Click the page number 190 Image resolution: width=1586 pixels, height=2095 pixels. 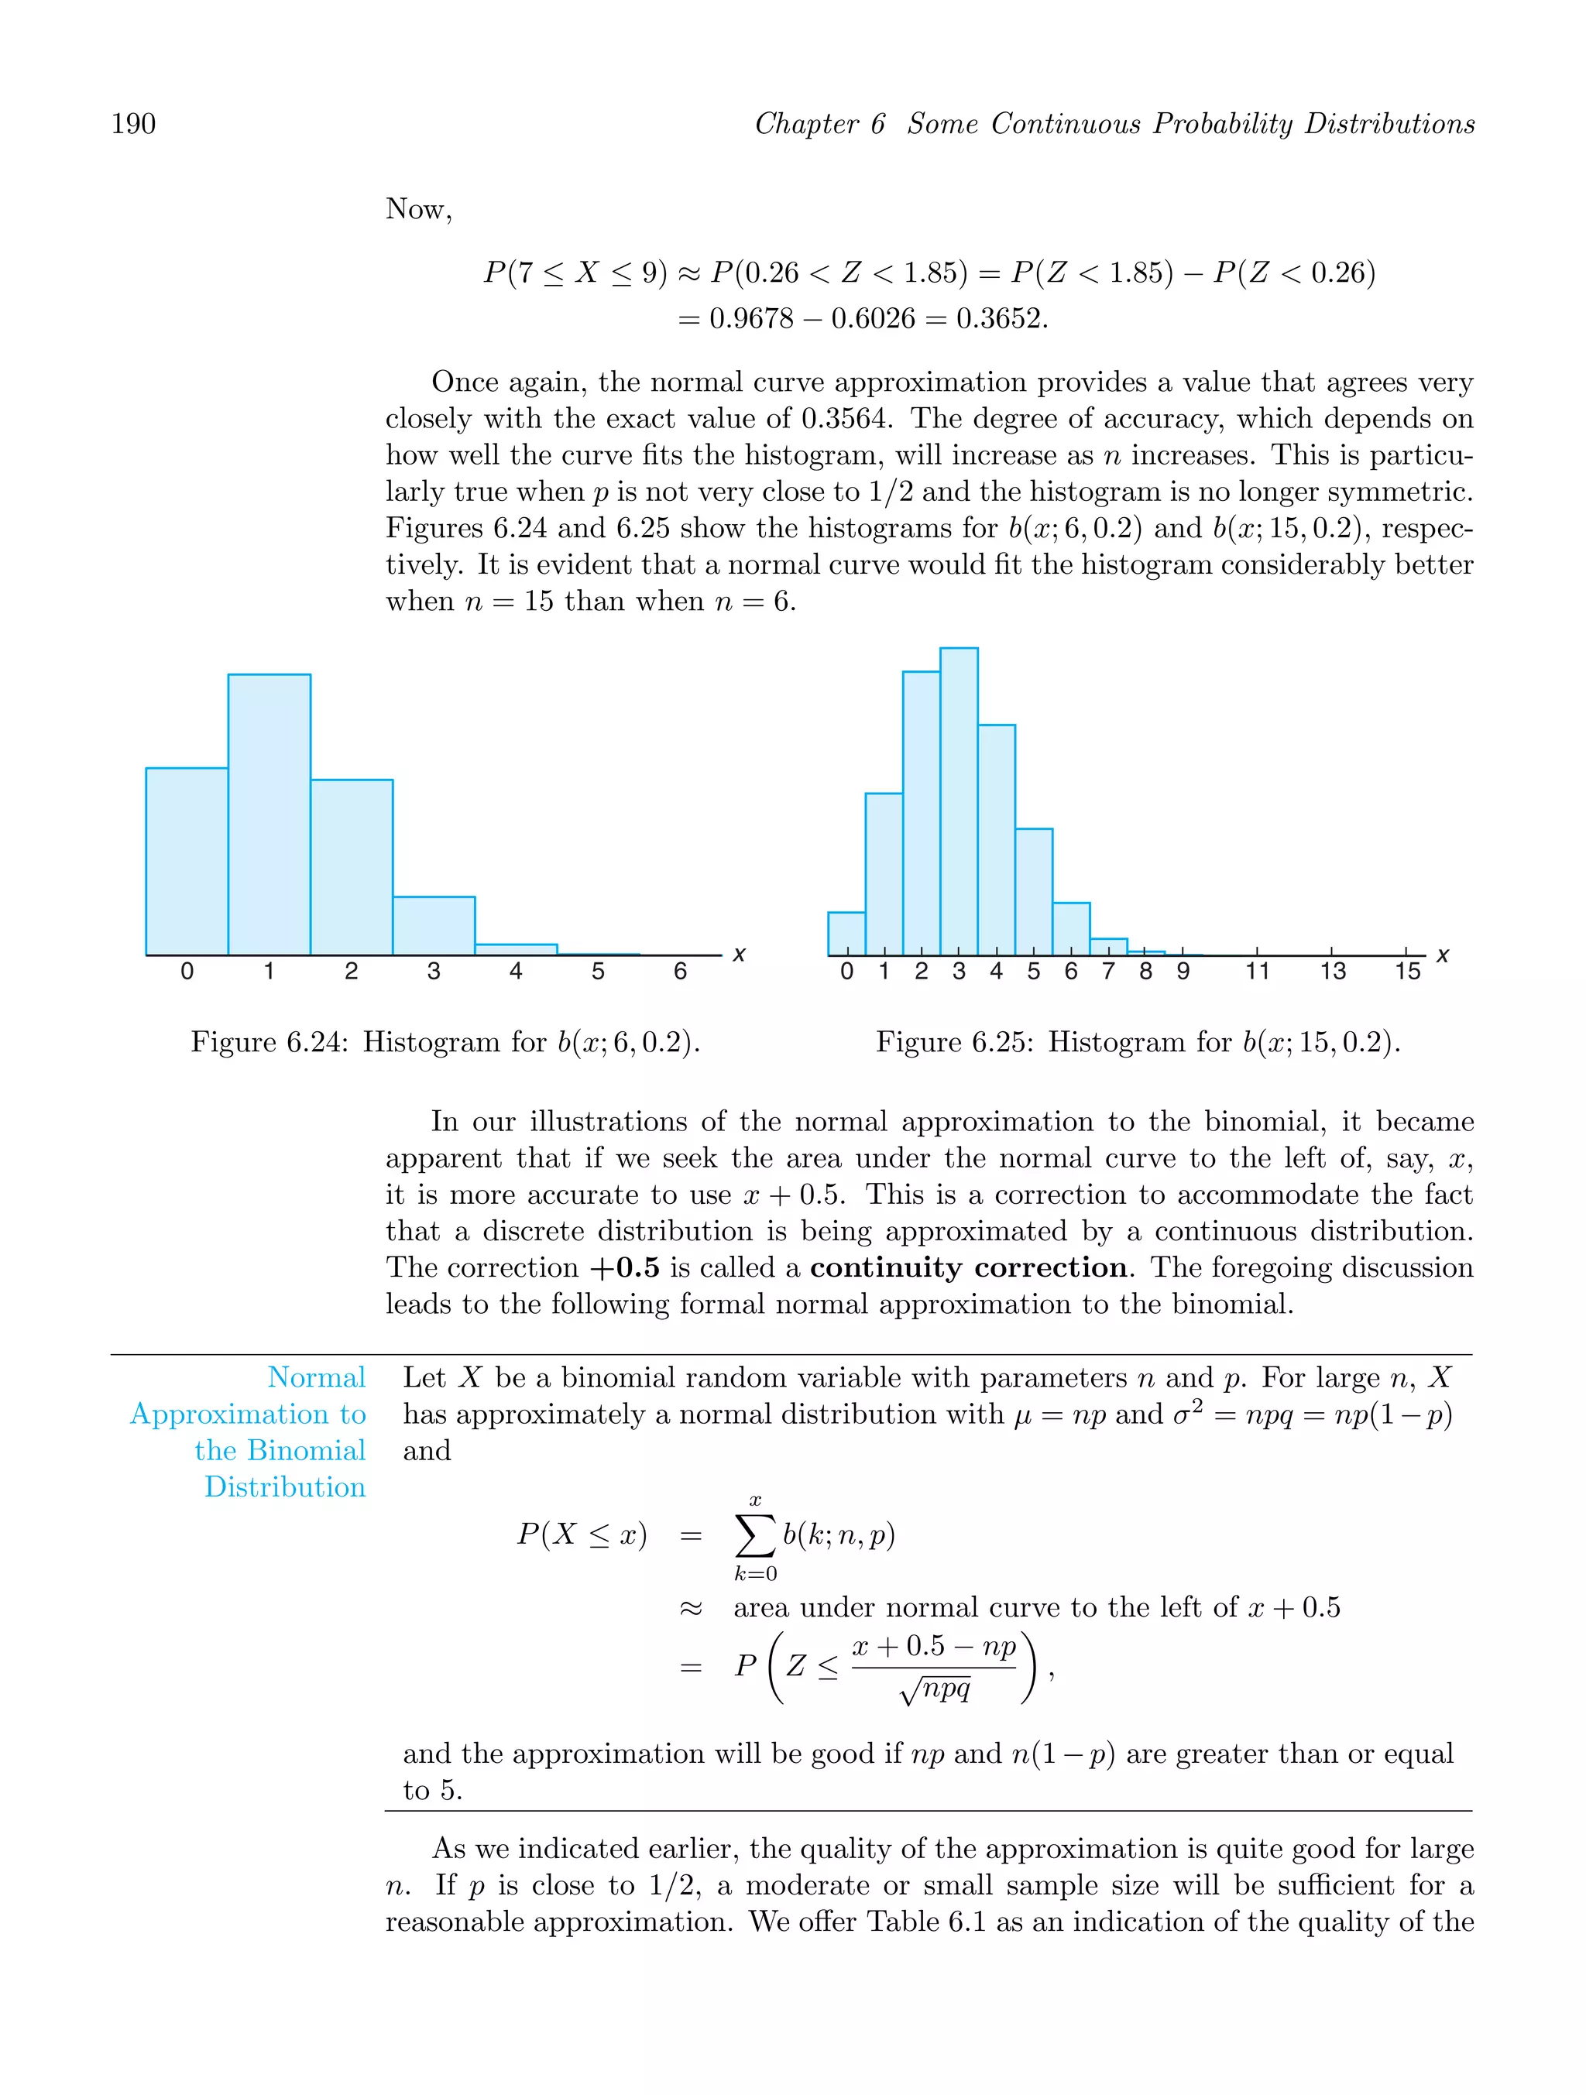pos(134,124)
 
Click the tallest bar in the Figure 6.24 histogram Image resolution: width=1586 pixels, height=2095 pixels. pos(269,814)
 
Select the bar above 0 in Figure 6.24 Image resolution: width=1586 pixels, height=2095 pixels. pos(187,861)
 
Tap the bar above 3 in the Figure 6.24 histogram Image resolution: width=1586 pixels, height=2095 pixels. pos(434,925)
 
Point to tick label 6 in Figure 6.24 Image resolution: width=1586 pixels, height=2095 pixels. pos(680,972)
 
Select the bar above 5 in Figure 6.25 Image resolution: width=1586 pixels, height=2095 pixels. pos(1034,891)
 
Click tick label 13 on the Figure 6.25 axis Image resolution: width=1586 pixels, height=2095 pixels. pos(1332,972)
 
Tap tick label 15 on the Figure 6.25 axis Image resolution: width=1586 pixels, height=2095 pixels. pos(1407,972)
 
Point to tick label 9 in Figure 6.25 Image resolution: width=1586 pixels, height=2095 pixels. pos(1183,972)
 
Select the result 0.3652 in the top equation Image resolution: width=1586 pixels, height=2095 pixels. pos(1000,318)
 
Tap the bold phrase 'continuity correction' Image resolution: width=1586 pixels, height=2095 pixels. pos(968,1268)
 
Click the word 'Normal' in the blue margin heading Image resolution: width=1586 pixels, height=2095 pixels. pos(317,1378)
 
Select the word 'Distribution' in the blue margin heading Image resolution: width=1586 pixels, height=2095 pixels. pos(285,1488)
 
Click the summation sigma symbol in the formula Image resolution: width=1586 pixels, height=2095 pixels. pos(755,1536)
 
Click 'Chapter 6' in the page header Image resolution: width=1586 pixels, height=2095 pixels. pos(819,124)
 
